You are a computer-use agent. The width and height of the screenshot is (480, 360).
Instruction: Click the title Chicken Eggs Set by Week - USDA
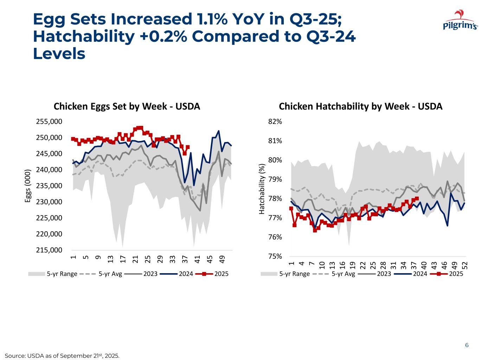(x=127, y=107)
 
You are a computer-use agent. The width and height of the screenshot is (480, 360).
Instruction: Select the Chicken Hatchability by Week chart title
(x=360, y=107)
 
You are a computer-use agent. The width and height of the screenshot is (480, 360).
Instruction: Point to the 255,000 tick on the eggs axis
(x=49, y=122)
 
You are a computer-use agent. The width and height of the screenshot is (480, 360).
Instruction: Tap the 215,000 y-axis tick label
(x=49, y=250)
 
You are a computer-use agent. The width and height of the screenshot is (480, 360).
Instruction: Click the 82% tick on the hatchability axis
(x=275, y=122)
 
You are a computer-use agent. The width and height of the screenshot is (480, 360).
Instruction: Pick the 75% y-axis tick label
(x=275, y=257)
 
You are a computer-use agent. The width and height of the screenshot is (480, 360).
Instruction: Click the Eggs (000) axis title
(x=28, y=186)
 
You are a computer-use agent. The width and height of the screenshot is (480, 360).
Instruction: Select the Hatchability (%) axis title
(x=262, y=189)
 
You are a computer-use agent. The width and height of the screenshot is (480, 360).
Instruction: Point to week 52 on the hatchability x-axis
(x=465, y=265)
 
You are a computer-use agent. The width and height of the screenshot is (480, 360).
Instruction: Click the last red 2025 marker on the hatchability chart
(x=417, y=199)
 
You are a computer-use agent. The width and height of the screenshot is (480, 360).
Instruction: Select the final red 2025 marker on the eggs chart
(x=188, y=147)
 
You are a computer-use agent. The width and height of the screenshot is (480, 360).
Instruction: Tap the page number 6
(x=467, y=345)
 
